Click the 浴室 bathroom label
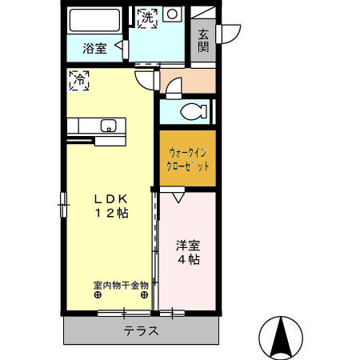tap(95, 49)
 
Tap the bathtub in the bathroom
tap(95, 20)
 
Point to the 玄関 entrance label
tap(203, 41)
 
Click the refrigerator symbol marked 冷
tap(79, 79)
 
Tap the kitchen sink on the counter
tap(109, 125)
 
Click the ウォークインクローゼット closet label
tap(188, 159)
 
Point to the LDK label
tap(111, 198)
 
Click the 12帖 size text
tap(111, 214)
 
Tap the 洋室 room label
tap(188, 243)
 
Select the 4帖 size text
tap(188, 259)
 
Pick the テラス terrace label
tap(141, 331)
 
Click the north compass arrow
tap(281, 337)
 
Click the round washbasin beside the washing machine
tap(172, 14)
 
